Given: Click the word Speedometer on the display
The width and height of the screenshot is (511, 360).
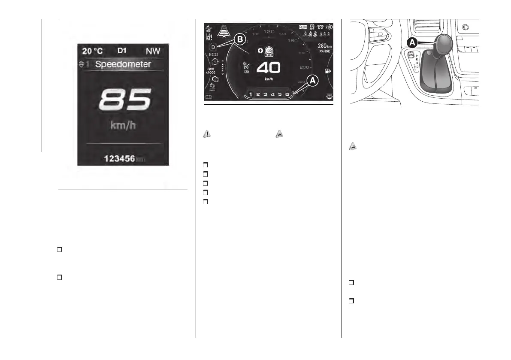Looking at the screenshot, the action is coord(123,65).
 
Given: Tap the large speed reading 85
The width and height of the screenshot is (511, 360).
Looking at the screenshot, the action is coord(124,100).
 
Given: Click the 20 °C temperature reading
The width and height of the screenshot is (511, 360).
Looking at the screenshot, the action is coord(93,51).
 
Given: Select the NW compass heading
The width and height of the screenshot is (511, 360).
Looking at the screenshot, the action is coord(153,51).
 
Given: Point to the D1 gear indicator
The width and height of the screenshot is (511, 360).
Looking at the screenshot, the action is coord(122,51).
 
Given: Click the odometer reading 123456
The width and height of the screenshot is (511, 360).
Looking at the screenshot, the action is coord(119,159).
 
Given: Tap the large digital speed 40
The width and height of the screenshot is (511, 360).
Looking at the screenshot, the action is coord(268,68).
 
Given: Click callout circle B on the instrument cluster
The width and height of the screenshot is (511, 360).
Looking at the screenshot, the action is coord(239,40).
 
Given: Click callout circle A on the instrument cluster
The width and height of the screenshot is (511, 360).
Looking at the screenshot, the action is coord(312,80).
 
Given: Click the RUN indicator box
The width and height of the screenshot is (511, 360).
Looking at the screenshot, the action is coord(303,27).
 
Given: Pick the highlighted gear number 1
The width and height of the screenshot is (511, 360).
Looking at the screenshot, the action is coord(251,94).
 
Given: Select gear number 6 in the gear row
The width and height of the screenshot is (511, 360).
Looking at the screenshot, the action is coord(287,94).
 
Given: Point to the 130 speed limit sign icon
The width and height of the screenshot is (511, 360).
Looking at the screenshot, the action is coord(269,51).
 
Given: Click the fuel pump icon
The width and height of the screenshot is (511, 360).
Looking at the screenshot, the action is coord(328,71).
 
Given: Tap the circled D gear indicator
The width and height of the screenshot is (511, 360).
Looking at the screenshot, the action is coord(212,46).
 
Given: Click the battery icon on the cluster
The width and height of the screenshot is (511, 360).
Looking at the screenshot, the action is coord(209,97).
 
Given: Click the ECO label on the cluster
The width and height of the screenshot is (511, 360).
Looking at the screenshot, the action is coord(214,55).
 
